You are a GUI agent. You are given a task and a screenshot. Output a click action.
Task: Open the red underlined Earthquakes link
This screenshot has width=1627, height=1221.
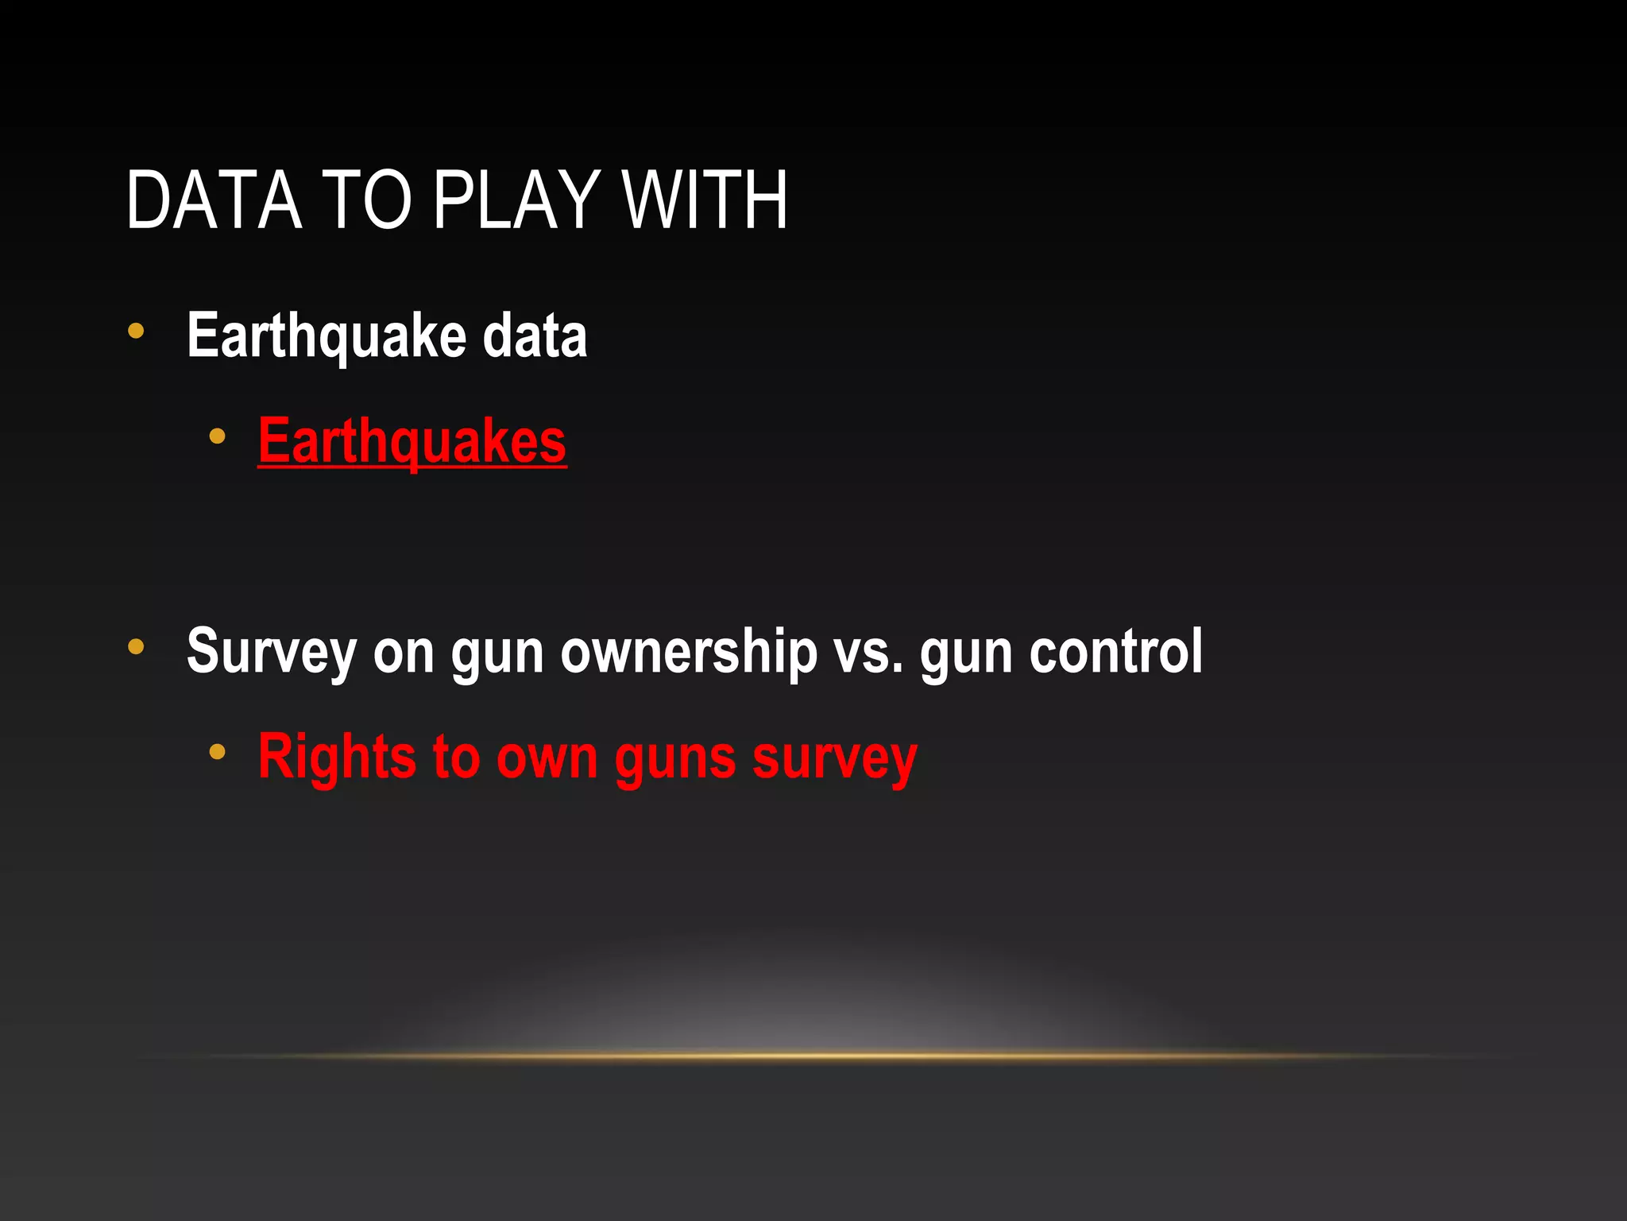[412, 441]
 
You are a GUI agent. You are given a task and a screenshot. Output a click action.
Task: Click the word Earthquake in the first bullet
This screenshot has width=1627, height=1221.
[324, 336]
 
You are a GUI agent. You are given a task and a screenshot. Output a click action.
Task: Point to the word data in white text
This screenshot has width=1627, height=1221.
[535, 336]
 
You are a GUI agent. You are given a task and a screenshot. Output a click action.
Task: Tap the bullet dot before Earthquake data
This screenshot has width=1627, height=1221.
[136, 331]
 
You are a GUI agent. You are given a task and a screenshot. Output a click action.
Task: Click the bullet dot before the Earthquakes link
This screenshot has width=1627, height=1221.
[217, 436]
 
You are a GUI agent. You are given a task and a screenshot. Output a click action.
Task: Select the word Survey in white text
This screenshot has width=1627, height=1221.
[271, 652]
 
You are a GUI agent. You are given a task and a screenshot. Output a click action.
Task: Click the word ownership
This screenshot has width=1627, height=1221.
[689, 652]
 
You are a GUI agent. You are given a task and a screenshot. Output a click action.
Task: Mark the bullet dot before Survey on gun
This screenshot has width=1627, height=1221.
[136, 647]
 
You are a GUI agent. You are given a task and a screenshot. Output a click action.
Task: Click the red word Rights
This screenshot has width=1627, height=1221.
[336, 757]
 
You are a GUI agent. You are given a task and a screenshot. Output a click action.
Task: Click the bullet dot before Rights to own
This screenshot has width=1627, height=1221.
[217, 751]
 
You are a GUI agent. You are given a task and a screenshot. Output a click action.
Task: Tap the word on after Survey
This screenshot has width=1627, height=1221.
[404, 652]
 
